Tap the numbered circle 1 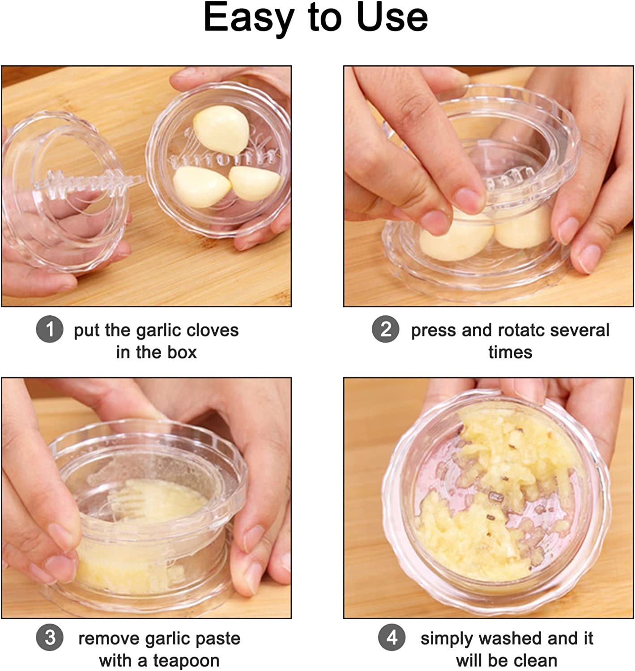click(50, 329)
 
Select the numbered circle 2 click(385, 329)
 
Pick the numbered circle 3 click(50, 637)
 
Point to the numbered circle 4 click(392, 637)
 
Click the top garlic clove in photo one click(221, 129)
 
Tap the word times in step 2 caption click(510, 352)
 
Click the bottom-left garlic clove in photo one click(202, 187)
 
